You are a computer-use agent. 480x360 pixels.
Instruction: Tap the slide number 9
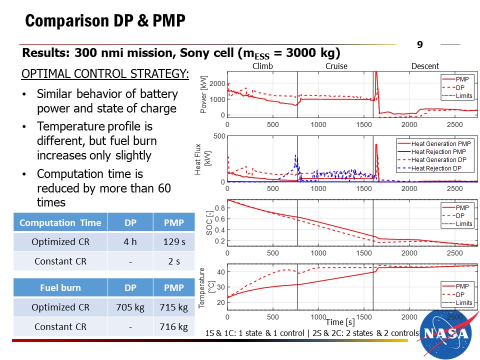[420, 45]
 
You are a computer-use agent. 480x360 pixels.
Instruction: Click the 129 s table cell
[174, 242]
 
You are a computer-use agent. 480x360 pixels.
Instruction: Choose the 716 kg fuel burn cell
[174, 327]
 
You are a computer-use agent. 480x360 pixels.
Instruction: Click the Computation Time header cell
[60, 223]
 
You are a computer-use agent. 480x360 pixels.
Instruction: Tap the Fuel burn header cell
[60, 288]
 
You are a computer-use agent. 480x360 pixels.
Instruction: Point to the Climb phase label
[263, 66]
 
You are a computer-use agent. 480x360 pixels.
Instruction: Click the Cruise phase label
[336, 66]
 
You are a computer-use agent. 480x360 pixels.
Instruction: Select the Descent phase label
[425, 66]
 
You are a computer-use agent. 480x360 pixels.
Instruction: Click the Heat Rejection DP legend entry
[436, 168]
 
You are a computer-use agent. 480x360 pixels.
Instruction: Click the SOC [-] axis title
[209, 223]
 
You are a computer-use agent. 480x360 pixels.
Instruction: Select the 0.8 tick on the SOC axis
[219, 207]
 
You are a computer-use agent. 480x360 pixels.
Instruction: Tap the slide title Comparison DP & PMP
[105, 21]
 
